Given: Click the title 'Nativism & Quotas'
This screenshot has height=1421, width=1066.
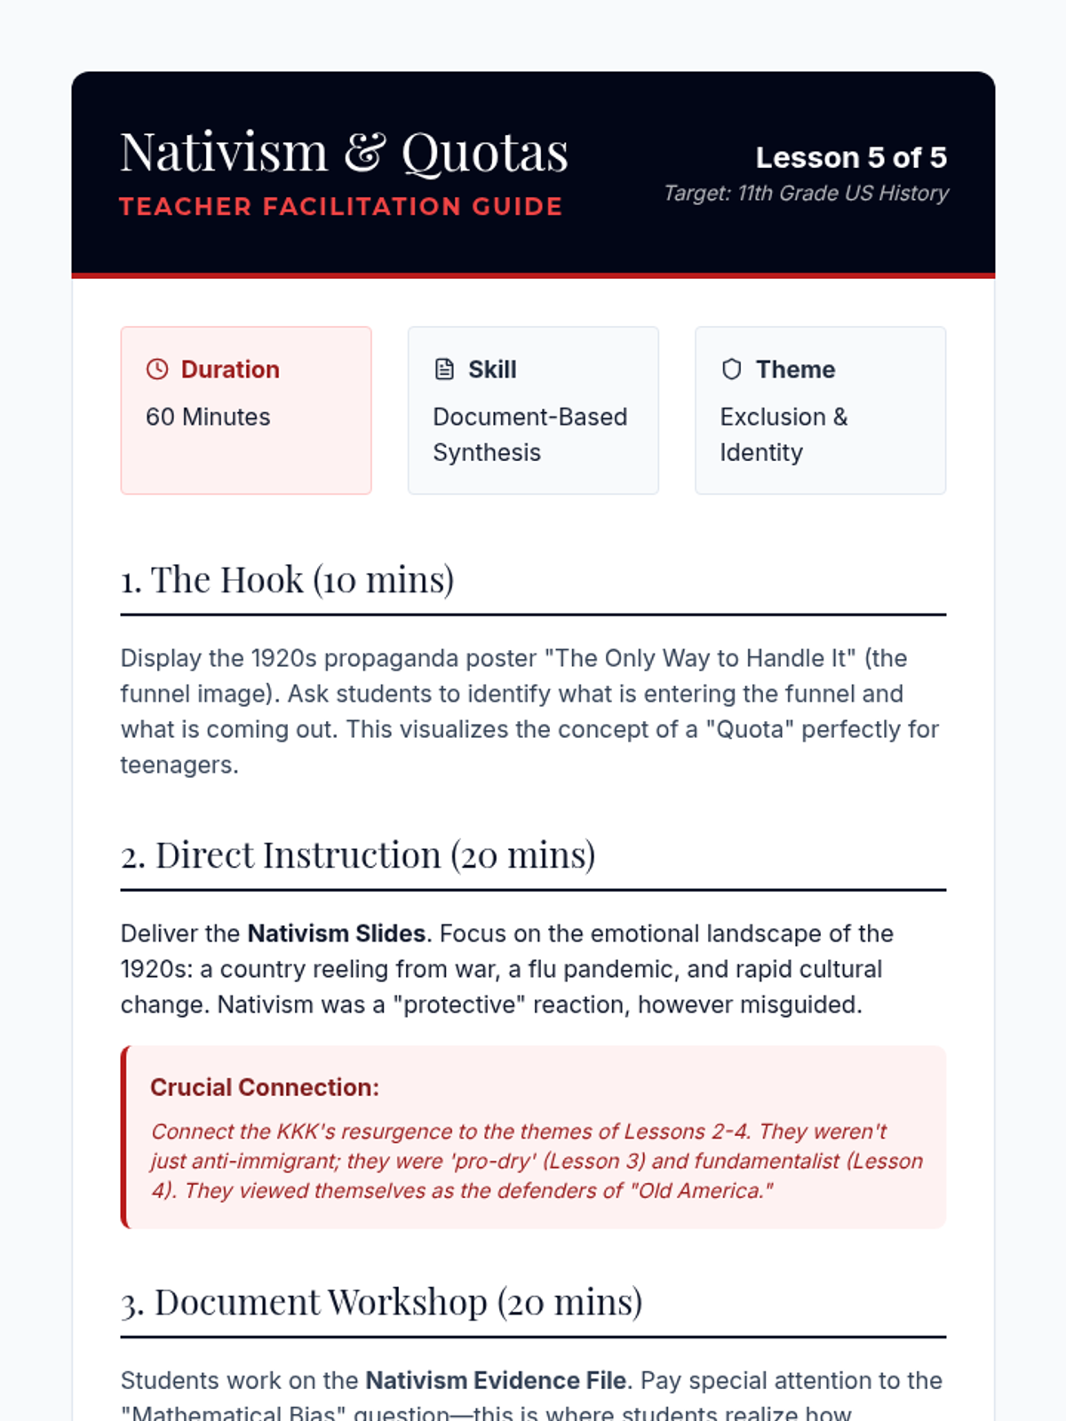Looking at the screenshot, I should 344,152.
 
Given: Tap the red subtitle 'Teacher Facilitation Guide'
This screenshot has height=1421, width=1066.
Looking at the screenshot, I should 341,207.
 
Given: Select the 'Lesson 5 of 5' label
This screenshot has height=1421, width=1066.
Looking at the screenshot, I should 850,157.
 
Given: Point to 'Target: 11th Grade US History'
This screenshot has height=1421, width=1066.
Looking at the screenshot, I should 806,193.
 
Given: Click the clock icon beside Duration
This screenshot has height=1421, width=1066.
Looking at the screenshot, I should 157,369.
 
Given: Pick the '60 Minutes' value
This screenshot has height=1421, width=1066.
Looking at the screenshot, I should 208,417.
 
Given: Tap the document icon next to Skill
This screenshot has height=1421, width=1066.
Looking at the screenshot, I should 444,369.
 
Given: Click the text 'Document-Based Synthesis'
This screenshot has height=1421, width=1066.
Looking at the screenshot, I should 529,434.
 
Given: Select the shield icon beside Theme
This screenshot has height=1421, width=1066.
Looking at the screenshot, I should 731,369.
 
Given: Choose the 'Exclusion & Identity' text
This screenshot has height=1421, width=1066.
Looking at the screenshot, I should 784,434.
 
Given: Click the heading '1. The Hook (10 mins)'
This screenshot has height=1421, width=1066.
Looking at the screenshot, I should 287,580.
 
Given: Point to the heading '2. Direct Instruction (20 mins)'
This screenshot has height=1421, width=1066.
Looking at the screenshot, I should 358,855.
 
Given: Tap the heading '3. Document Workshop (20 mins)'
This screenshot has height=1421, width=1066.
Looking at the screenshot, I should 381,1302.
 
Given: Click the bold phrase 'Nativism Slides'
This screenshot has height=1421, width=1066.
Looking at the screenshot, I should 336,933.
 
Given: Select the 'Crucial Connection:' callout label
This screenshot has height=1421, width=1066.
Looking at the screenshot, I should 265,1087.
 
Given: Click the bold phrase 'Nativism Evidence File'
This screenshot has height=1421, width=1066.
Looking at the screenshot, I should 496,1380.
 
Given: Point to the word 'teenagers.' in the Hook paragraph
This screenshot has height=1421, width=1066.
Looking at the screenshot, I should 179,765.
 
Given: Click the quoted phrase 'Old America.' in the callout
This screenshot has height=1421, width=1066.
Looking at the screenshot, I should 702,1190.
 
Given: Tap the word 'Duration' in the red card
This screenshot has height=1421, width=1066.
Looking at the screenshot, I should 230,369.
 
